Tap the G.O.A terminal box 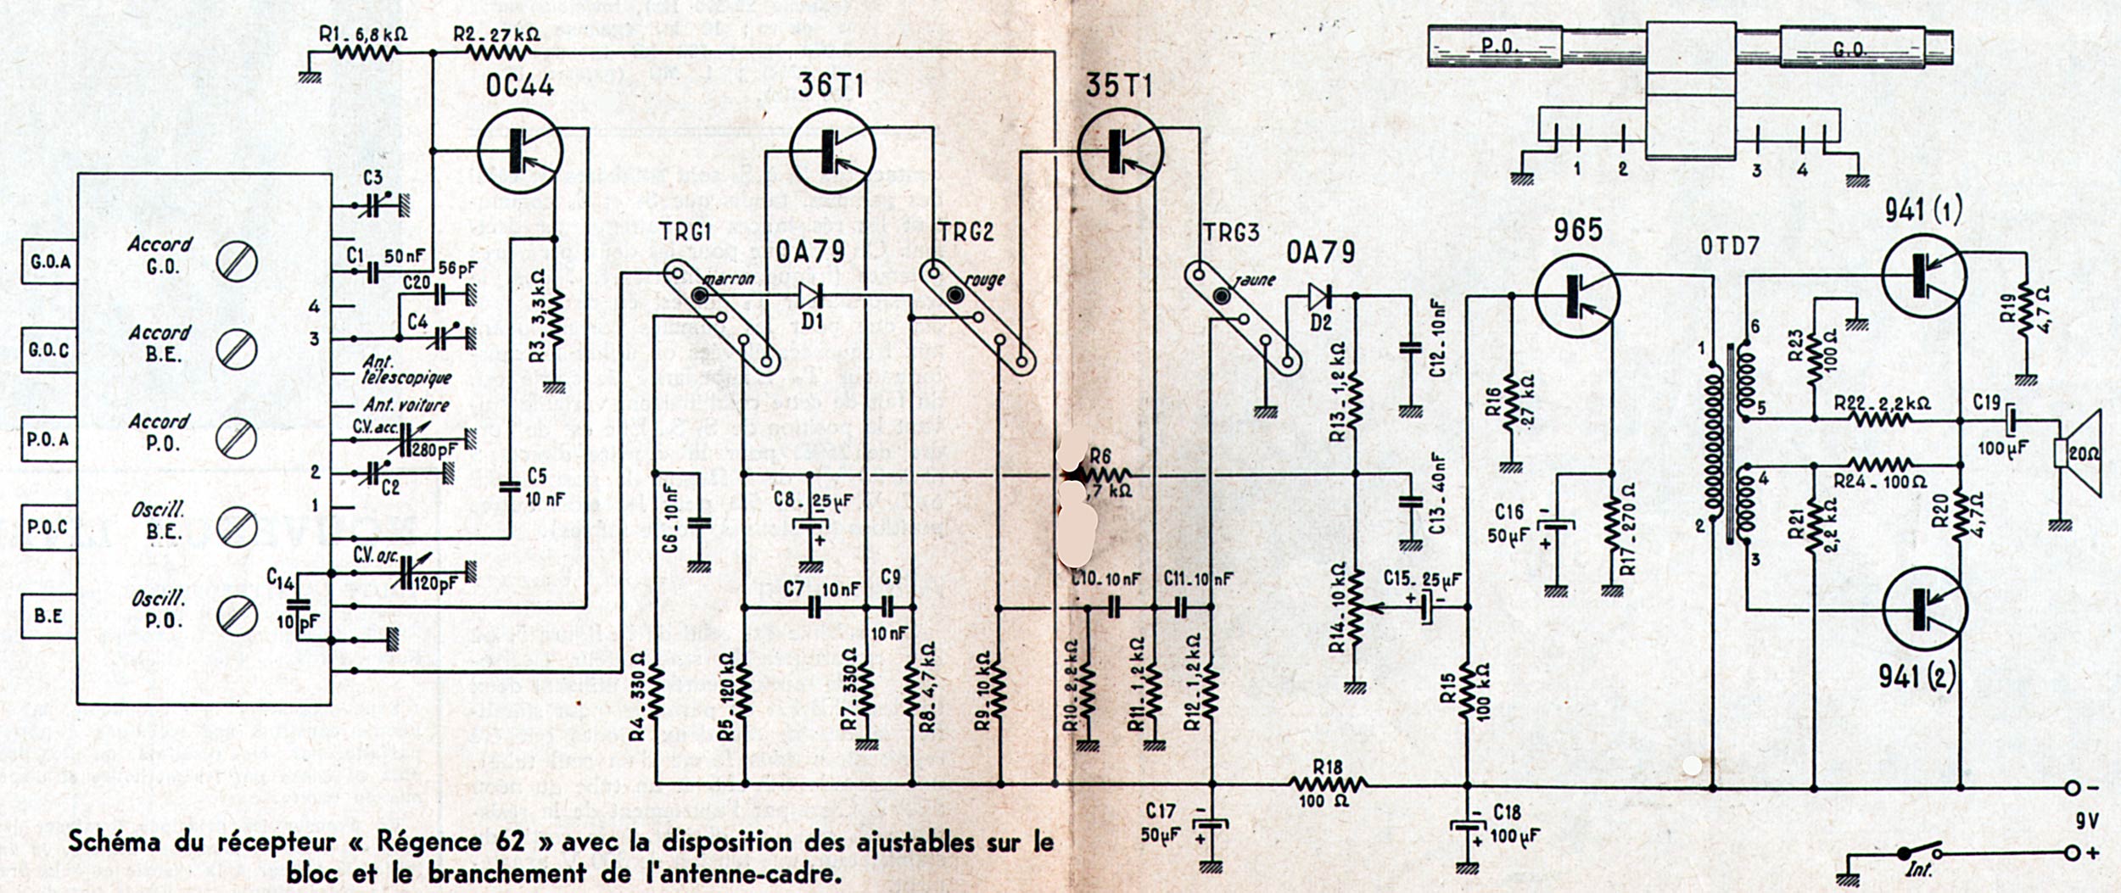tap(49, 261)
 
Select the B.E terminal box tap(49, 616)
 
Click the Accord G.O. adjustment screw tap(236, 262)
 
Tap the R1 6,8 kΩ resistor tap(365, 53)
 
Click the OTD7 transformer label tap(1729, 246)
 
